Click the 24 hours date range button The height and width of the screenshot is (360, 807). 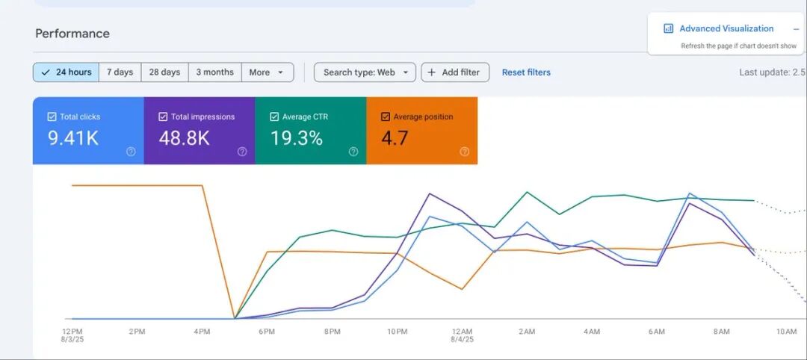66,72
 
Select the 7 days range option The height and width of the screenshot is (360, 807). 120,72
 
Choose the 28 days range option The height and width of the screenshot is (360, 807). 164,72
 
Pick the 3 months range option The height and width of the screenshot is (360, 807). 214,72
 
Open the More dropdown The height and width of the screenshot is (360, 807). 267,72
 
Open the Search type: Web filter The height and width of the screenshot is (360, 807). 365,72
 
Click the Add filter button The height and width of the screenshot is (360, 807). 455,72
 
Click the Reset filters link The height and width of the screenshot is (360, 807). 526,72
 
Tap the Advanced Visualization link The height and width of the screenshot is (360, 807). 726,29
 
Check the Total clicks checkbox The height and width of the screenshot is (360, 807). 52,117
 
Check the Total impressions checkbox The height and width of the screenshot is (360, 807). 163,117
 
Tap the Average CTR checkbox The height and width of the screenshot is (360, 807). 273,117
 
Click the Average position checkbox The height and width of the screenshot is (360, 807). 385,117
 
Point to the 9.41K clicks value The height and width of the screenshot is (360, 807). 73,138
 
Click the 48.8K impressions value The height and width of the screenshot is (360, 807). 185,138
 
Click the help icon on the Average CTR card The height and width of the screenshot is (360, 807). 353,152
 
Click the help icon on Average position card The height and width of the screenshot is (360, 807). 464,152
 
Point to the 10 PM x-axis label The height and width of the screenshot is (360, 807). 397,332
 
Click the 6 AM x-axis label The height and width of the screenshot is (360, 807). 657,332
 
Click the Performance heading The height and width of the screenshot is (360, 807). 72,34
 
